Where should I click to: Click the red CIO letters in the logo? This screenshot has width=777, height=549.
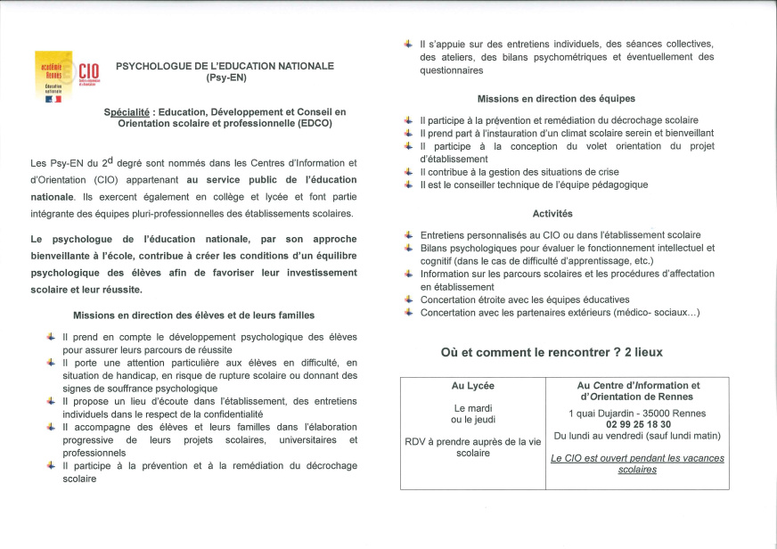click(x=88, y=72)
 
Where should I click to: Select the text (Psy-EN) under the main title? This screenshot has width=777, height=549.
click(x=225, y=78)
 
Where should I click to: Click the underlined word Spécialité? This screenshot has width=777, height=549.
click(x=127, y=111)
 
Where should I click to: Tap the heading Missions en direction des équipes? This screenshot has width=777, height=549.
click(x=556, y=99)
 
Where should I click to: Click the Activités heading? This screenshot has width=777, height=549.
click(x=552, y=214)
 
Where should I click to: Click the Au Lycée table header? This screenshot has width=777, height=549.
click(x=473, y=386)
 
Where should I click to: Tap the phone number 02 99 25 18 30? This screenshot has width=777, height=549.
click(x=637, y=424)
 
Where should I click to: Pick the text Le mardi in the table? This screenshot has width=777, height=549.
click(x=473, y=408)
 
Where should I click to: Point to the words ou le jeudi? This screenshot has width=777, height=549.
click(x=473, y=420)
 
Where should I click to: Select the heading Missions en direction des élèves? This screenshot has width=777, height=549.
click(x=193, y=315)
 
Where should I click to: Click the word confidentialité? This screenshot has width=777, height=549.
click(x=226, y=414)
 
